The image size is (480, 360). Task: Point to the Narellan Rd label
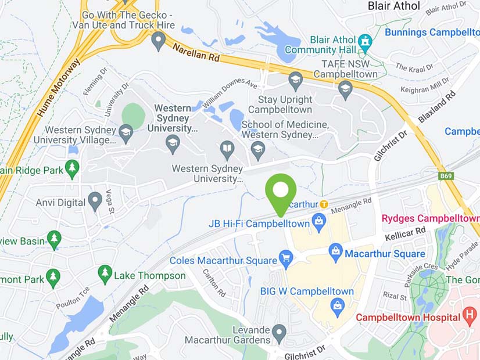pyautogui.click(x=198, y=51)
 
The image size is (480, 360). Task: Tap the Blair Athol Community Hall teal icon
pyautogui.click(x=365, y=41)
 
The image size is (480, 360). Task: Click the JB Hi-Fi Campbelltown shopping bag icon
pyautogui.click(x=318, y=221)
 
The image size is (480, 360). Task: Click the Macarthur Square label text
pyautogui.click(x=385, y=254)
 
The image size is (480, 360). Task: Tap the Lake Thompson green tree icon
pyautogui.click(x=105, y=272)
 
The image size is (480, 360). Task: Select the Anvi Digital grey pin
pyautogui.click(x=95, y=201)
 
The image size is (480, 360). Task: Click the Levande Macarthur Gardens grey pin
pyautogui.click(x=280, y=332)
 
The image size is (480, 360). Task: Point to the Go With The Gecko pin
pyautogui.click(x=158, y=41)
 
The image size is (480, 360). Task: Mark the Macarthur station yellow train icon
pyautogui.click(x=324, y=204)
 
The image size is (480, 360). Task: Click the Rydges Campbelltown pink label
pyautogui.click(x=430, y=219)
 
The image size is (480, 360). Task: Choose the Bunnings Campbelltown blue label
pyautogui.click(x=432, y=33)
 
